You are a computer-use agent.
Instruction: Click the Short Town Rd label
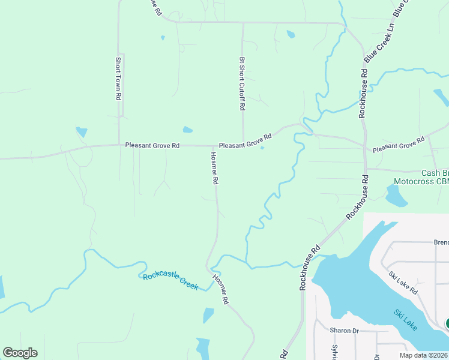click(x=119, y=78)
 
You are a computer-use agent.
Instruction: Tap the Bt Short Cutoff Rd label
click(x=242, y=83)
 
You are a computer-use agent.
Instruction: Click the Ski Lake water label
click(x=406, y=320)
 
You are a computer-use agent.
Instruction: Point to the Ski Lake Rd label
click(x=403, y=282)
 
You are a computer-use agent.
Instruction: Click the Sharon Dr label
click(x=344, y=330)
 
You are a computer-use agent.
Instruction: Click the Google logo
click(x=20, y=353)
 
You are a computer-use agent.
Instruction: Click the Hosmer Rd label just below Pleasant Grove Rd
click(x=214, y=167)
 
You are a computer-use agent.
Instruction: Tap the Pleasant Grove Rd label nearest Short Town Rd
click(x=152, y=145)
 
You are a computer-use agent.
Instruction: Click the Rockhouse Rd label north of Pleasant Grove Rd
click(x=363, y=93)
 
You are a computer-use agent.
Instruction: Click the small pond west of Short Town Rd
click(x=82, y=132)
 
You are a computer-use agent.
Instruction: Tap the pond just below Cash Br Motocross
click(x=396, y=196)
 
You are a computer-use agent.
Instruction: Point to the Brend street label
click(x=441, y=243)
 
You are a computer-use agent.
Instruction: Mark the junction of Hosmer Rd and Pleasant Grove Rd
click(x=212, y=145)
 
